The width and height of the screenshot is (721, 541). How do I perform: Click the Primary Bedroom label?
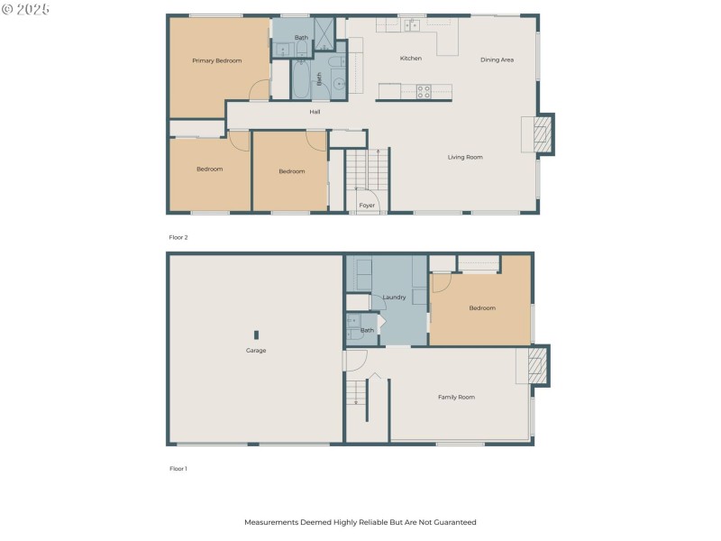pos(217,60)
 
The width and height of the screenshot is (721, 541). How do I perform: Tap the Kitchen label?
pos(411,59)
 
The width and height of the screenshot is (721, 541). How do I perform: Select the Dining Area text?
pos(497,60)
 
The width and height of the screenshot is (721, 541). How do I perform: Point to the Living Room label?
pos(465,157)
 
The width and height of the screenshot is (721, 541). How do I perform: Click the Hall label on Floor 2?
pos(315,112)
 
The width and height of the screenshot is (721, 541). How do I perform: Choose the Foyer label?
pos(367,206)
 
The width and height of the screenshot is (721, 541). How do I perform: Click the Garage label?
pos(256,350)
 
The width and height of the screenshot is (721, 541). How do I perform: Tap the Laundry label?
pos(394,297)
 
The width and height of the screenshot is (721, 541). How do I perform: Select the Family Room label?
pos(456,397)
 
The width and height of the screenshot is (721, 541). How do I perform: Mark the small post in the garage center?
pos(256,335)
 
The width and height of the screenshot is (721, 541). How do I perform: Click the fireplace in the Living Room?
pos(541,134)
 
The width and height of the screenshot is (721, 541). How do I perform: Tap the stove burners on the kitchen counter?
pos(422,90)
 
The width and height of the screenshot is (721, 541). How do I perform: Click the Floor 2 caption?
pos(178,237)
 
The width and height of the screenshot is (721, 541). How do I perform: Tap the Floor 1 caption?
pos(178,469)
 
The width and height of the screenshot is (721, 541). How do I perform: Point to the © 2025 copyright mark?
pos(26,8)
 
